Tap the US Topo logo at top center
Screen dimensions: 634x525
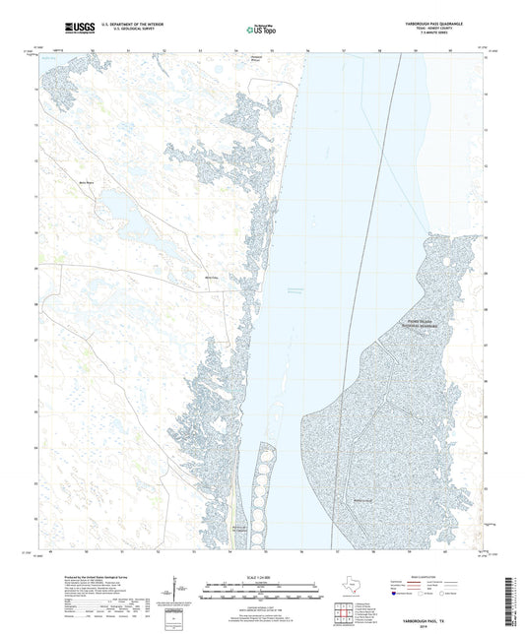coord(261,31)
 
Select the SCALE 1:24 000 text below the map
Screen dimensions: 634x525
coord(261,575)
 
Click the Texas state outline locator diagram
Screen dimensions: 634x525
coord(353,587)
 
